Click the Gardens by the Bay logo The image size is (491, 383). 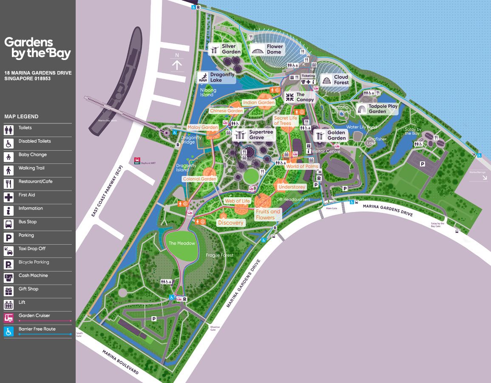click(37, 48)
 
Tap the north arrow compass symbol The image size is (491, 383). click(177, 64)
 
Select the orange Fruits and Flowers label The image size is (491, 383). click(268, 214)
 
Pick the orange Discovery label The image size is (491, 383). click(231, 223)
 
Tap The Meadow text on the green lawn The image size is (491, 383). click(182, 243)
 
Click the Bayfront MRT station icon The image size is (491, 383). click(137, 160)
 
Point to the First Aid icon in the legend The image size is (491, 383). click(9, 197)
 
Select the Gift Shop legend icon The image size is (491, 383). click(9, 291)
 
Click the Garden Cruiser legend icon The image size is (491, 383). click(9, 317)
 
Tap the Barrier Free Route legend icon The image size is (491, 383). click(9, 331)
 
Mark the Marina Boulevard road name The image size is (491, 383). click(121, 362)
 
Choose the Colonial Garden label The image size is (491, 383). click(200, 179)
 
